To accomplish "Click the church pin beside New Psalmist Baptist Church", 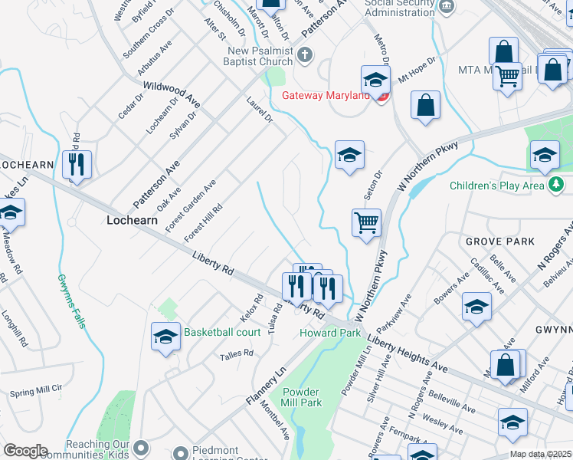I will pyautogui.click(x=304, y=54).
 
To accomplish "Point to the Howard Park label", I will pyautogui.click(x=329, y=333).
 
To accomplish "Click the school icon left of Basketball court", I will pyautogui.click(x=165, y=337).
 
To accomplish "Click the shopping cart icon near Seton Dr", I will pyautogui.click(x=366, y=223).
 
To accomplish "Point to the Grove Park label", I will pyautogui.click(x=499, y=241).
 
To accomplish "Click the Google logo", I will pyautogui.click(x=25, y=451).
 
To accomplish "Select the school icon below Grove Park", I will pyautogui.click(x=476, y=307).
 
